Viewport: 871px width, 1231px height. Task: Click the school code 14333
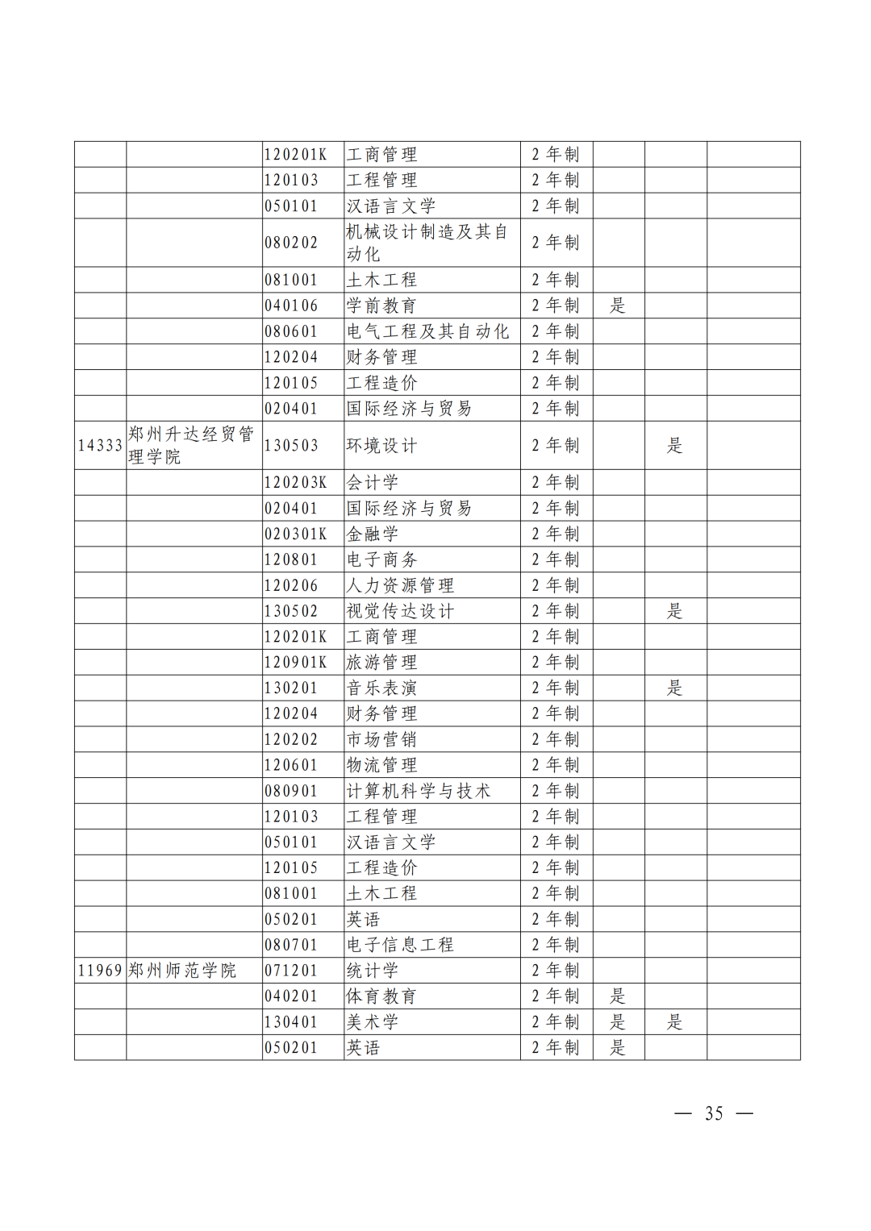(x=100, y=445)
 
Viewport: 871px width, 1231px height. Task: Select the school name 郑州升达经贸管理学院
(x=191, y=445)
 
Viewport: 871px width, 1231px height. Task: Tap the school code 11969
(x=100, y=971)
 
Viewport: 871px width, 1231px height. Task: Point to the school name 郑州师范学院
(x=182, y=971)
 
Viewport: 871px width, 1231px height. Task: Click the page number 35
(x=714, y=1113)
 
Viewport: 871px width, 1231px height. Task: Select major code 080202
(x=291, y=243)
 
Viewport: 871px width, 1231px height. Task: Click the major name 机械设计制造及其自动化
(x=427, y=243)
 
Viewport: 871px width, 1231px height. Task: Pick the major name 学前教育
(x=381, y=306)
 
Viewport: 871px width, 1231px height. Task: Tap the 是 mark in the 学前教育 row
(x=618, y=306)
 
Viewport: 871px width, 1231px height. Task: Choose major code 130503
(x=291, y=445)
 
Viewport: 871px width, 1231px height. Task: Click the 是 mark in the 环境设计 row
(x=675, y=445)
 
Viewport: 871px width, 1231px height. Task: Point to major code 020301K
(x=295, y=534)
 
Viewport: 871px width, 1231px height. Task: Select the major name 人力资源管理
(x=400, y=585)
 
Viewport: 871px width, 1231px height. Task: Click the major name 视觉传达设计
(x=400, y=611)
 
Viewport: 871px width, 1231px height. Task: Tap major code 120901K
(x=295, y=663)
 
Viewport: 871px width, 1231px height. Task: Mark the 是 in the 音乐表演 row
(x=675, y=688)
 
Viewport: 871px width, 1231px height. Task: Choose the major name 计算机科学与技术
(x=418, y=791)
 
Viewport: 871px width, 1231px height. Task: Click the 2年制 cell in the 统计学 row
(x=556, y=971)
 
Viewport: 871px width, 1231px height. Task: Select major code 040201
(x=291, y=996)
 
